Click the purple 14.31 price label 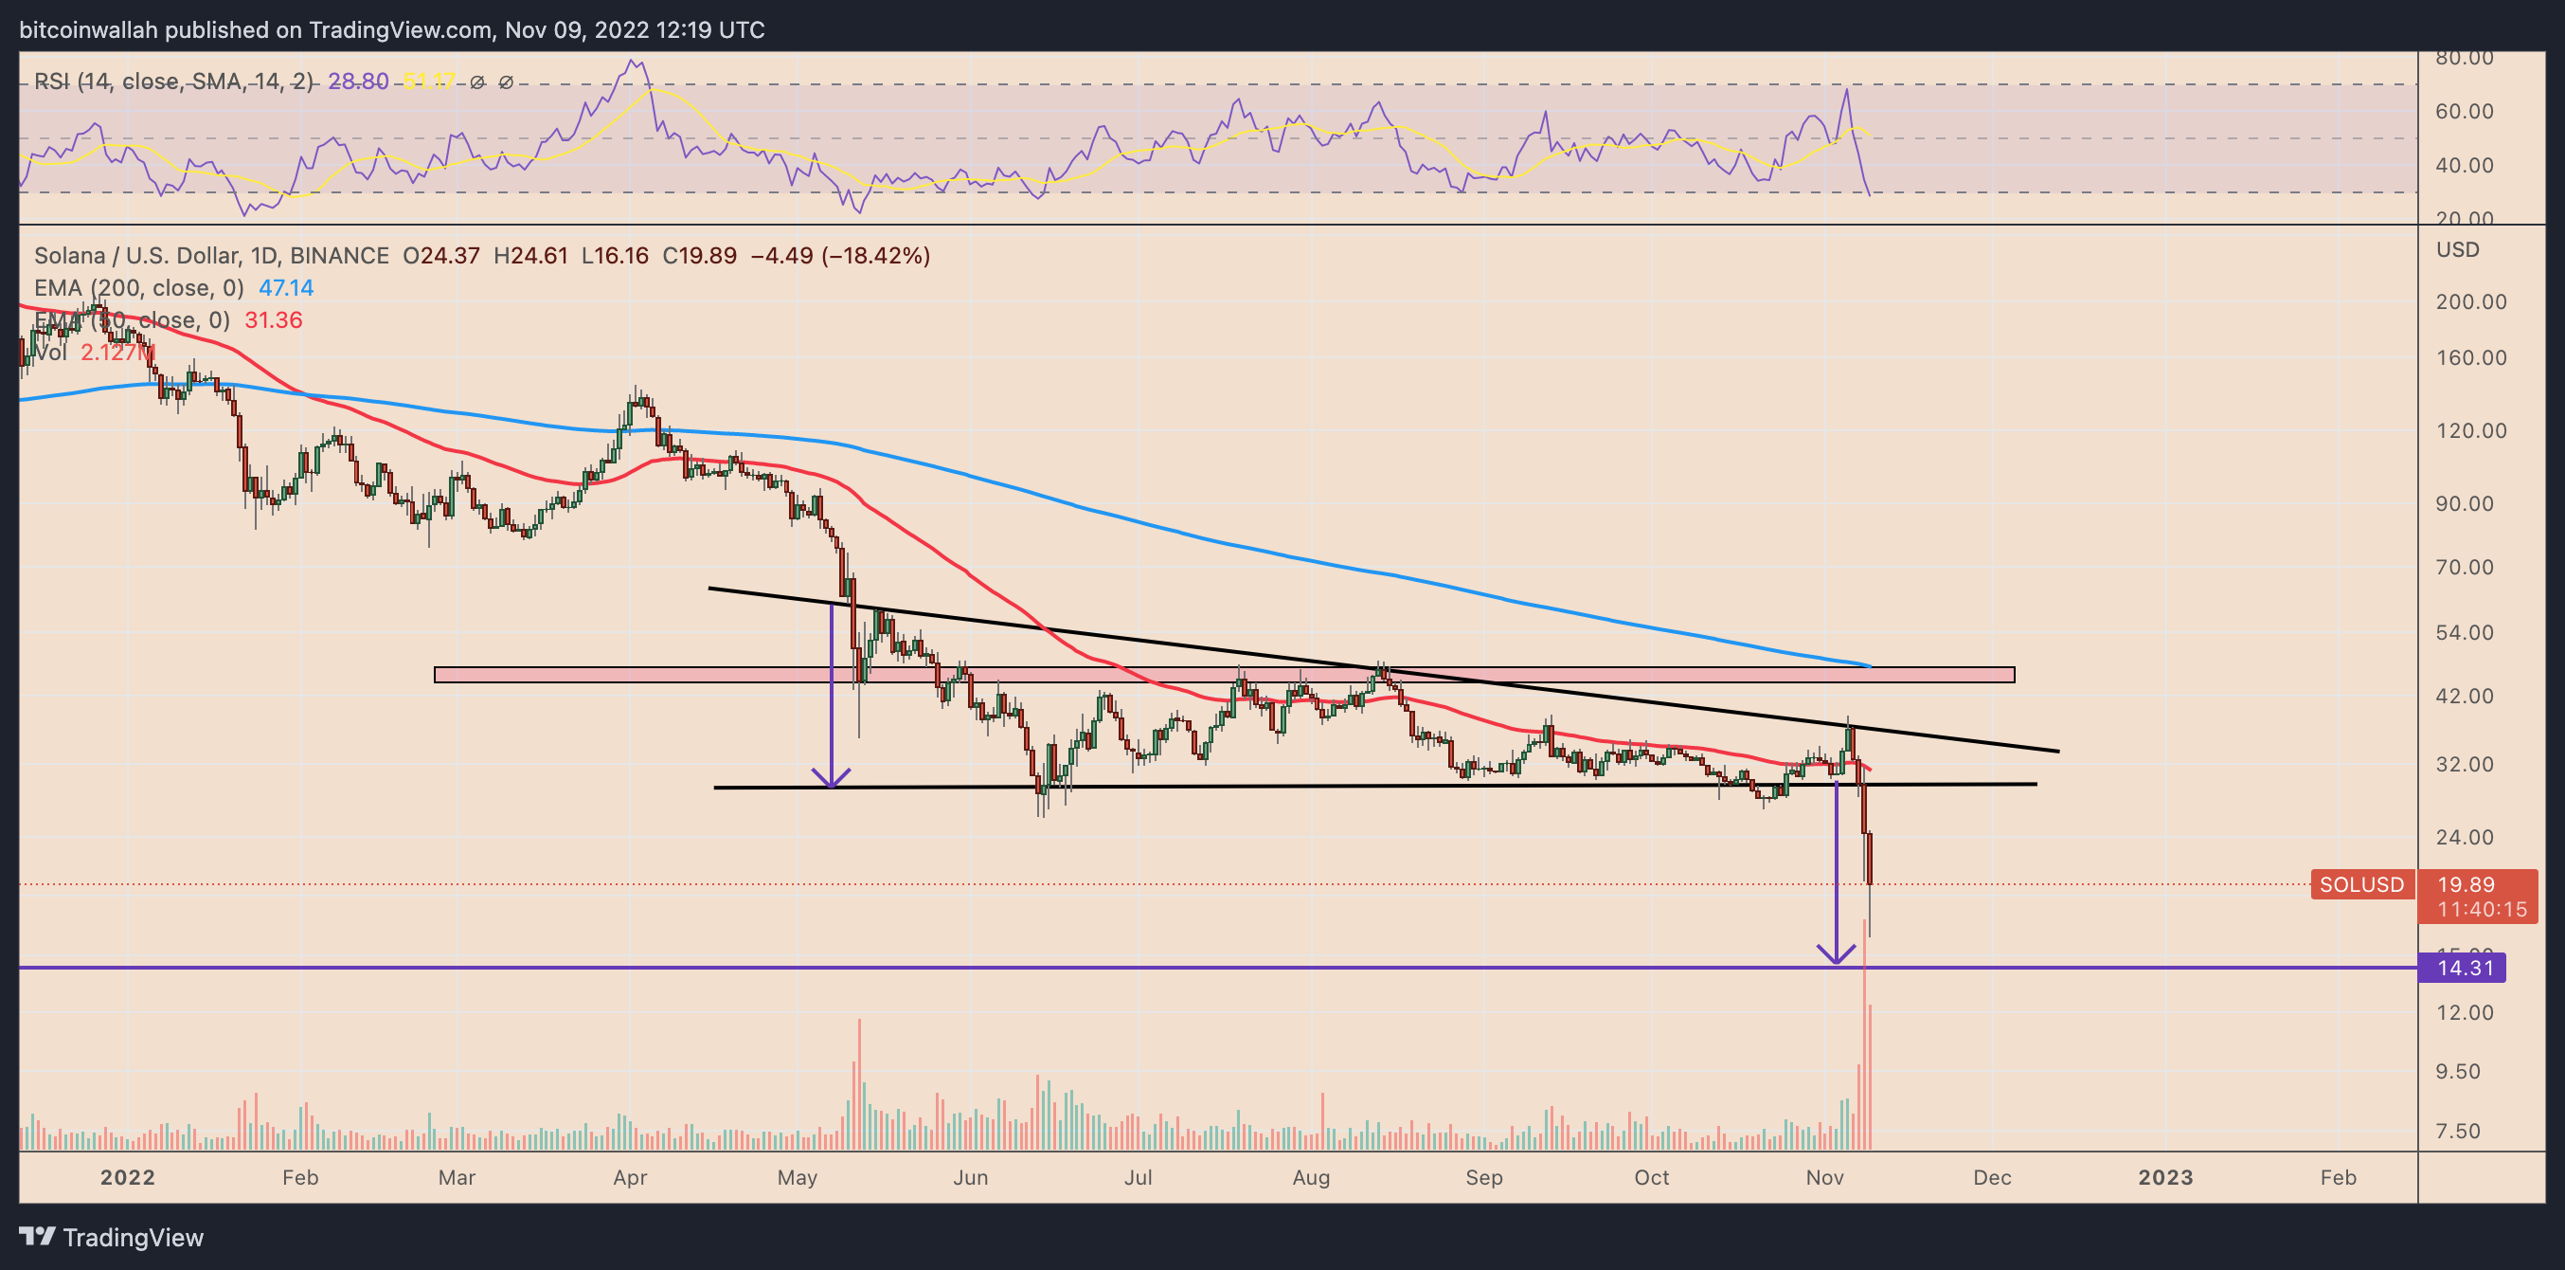pyautogui.click(x=2465, y=968)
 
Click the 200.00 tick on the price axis pyautogui.click(x=2470, y=301)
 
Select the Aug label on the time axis pyautogui.click(x=1310, y=1177)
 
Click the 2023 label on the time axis pyautogui.click(x=2164, y=1177)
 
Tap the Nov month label pyautogui.click(x=1824, y=1177)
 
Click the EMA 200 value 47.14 pyautogui.click(x=286, y=288)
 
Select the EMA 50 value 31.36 pyautogui.click(x=274, y=319)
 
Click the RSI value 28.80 pyautogui.click(x=358, y=82)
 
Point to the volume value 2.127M pyautogui.click(x=117, y=353)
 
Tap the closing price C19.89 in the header pyautogui.click(x=700, y=256)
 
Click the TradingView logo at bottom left pyautogui.click(x=112, y=1237)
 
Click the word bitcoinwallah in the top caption pyautogui.click(x=89, y=30)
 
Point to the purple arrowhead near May pyautogui.click(x=832, y=777)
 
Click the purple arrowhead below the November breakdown pyautogui.click(x=1836, y=954)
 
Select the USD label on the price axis pyautogui.click(x=2457, y=250)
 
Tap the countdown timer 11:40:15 pyautogui.click(x=2482, y=910)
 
